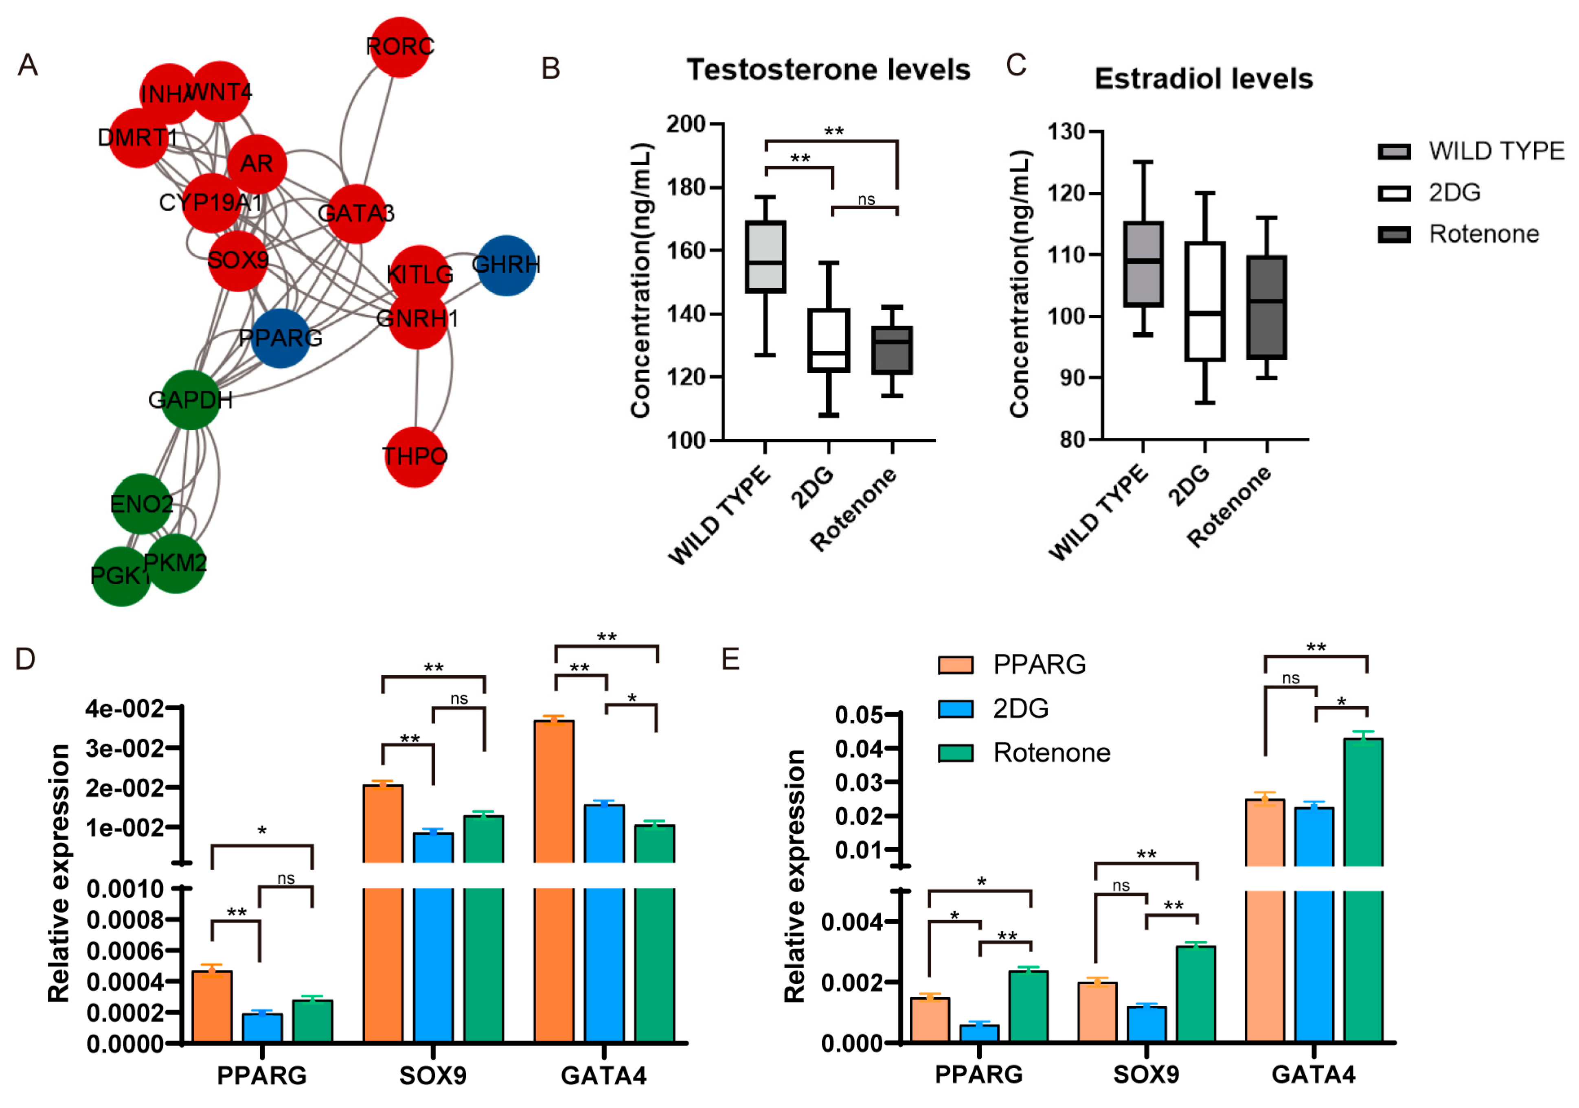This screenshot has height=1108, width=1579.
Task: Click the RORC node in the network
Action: tap(399, 47)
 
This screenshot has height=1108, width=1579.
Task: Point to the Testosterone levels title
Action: tap(828, 70)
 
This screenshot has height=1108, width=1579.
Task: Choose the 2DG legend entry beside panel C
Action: tap(1454, 193)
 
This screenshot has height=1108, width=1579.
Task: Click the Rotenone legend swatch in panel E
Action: tap(955, 753)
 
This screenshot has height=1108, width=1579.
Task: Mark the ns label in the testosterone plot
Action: tap(866, 200)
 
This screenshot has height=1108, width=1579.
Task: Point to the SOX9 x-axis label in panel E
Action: tap(1146, 1074)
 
